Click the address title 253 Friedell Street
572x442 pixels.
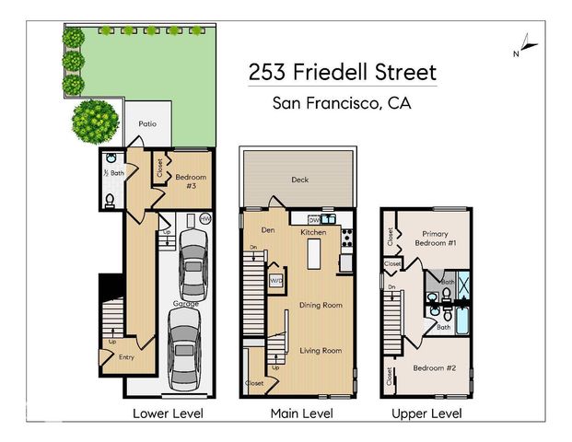(x=342, y=72)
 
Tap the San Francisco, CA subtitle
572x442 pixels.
(x=342, y=103)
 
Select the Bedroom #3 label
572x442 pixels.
(x=192, y=180)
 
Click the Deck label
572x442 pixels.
(x=299, y=180)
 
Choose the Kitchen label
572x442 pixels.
(x=313, y=232)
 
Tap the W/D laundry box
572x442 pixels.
(x=275, y=279)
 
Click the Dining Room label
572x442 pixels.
(x=320, y=305)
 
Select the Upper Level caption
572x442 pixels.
(x=426, y=414)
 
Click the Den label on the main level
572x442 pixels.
(x=269, y=229)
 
